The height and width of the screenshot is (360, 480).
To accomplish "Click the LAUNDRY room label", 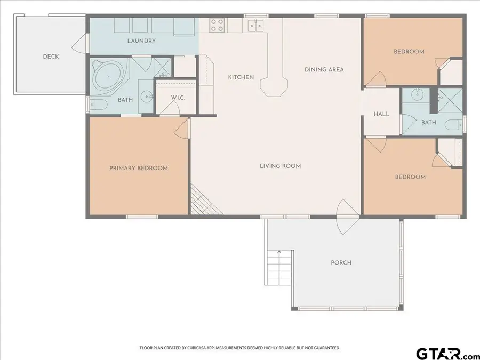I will click(141, 41).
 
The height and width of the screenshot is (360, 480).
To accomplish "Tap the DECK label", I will click(51, 57).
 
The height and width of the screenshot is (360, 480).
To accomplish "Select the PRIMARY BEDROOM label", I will click(139, 168).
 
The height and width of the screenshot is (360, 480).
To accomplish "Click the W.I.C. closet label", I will click(178, 98).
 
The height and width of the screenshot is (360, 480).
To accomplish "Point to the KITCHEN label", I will click(241, 77).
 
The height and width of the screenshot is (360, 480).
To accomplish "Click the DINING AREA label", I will click(324, 69).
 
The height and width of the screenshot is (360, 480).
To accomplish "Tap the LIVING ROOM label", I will click(280, 166).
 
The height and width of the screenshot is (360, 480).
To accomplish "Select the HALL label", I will click(381, 114).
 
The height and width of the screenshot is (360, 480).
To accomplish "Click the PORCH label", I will click(341, 262).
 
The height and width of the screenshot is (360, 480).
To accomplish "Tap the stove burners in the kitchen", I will click(217, 25).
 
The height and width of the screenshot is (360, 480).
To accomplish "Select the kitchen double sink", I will click(254, 25).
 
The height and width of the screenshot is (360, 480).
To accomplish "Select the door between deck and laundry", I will click(81, 44).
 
